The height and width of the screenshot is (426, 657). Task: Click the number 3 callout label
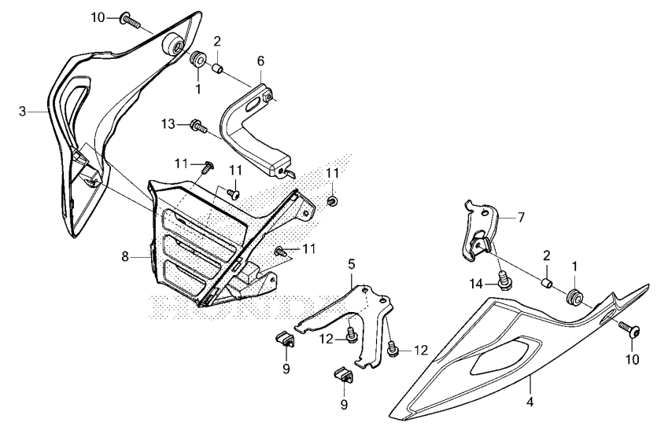coord(23,112)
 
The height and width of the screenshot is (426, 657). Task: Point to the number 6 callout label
coord(260,60)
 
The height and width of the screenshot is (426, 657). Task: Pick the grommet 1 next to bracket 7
coord(575,297)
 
